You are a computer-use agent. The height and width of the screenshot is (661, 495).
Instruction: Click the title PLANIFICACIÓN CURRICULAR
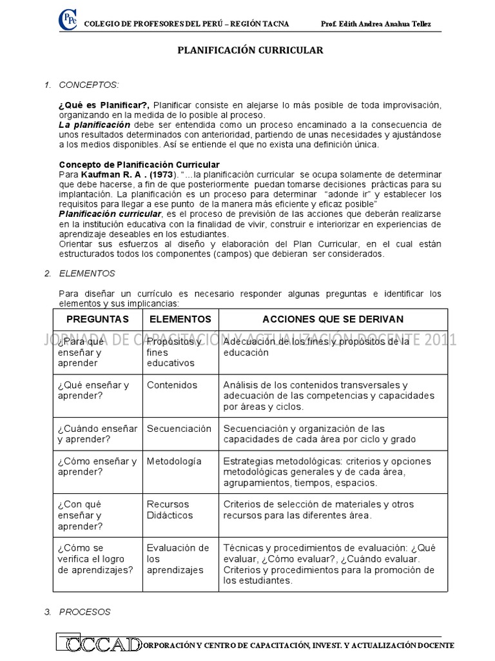click(x=250, y=50)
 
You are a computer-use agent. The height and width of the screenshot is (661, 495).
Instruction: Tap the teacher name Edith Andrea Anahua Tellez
click(x=376, y=24)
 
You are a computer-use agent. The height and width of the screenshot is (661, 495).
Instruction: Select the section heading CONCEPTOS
click(x=88, y=85)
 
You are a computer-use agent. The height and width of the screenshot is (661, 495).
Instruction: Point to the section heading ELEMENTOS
click(x=87, y=274)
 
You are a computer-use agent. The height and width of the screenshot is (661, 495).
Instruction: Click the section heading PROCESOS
click(x=84, y=611)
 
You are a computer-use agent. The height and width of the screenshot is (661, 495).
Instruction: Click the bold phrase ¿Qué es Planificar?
click(x=104, y=105)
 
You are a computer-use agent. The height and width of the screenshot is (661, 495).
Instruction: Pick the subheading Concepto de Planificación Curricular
click(x=139, y=165)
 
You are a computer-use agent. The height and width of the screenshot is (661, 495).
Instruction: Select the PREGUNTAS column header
click(x=97, y=320)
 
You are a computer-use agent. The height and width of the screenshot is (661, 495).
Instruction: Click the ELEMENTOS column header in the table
click(x=180, y=320)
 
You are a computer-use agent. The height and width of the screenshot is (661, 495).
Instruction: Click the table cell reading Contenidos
click(x=172, y=385)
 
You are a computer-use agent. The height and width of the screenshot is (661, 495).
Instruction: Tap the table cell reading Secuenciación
click(x=179, y=429)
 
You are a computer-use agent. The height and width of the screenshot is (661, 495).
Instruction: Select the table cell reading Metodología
click(x=174, y=461)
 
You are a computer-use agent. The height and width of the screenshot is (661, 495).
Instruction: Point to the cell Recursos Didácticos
click(x=170, y=510)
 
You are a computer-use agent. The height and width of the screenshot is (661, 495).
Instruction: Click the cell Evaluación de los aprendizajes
click(x=177, y=559)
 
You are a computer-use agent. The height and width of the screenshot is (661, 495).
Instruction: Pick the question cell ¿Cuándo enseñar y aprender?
click(x=97, y=434)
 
